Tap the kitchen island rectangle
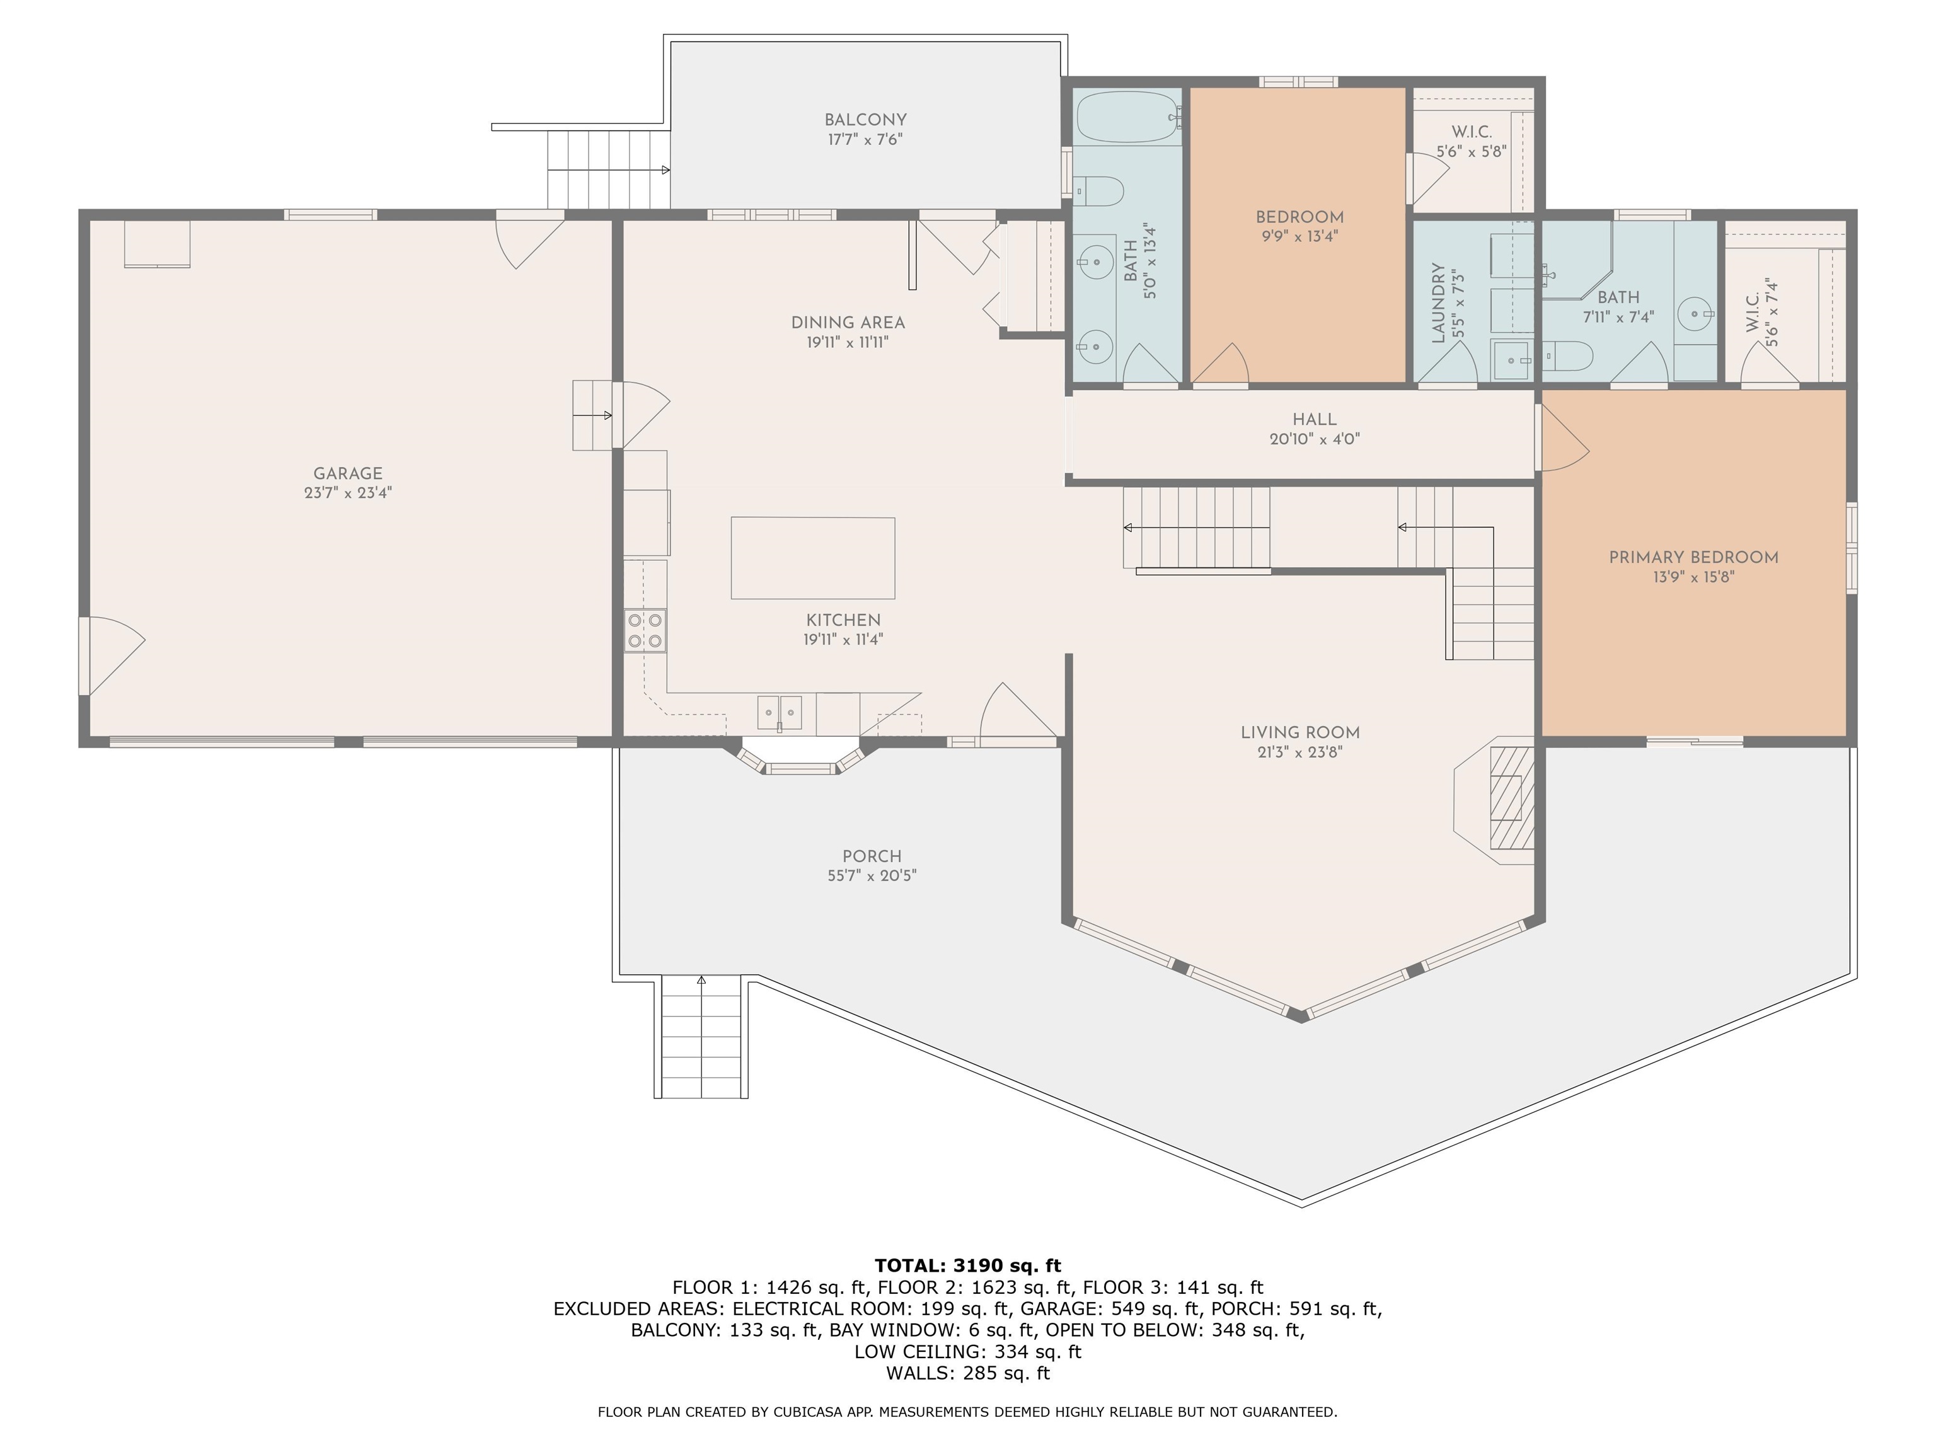(812, 558)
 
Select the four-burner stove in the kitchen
(645, 631)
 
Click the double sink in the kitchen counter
(779, 712)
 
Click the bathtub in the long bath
(1127, 117)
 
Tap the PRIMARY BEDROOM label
(1693, 558)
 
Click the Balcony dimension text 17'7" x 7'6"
(865, 139)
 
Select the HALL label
(1315, 419)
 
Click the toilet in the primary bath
(1567, 356)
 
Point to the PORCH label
(872, 856)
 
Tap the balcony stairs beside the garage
(608, 170)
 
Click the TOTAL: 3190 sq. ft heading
(967, 1265)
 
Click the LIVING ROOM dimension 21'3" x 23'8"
(1299, 752)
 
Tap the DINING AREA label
(847, 323)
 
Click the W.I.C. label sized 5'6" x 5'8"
(1472, 151)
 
